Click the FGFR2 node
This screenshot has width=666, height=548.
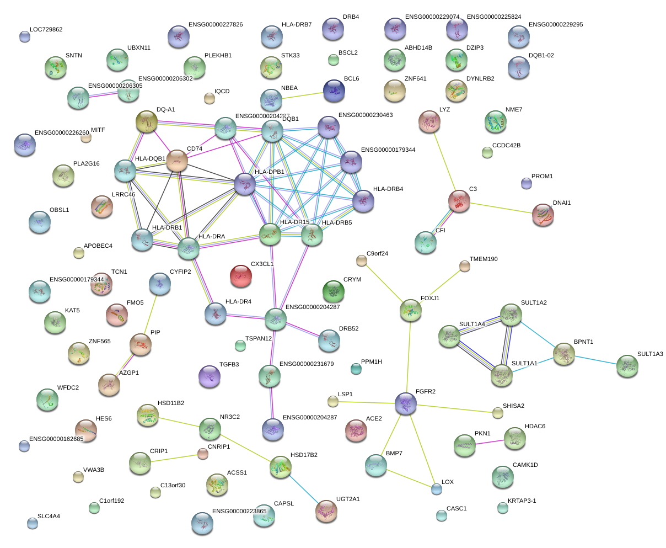click(405, 404)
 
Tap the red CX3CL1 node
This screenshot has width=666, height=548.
click(241, 276)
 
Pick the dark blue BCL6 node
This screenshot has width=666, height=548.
click(334, 91)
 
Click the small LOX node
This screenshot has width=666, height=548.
click(436, 488)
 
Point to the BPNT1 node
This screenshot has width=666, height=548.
click(564, 354)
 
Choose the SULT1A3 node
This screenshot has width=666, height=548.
click(627, 366)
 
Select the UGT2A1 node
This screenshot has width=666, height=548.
click(326, 512)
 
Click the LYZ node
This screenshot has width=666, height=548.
click(429, 121)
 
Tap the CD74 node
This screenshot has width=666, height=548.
click(177, 160)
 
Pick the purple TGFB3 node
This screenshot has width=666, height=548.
click(209, 376)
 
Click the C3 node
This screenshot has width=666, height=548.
click(459, 201)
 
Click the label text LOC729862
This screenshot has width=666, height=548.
click(46, 29)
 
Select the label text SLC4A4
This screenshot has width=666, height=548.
click(49, 517)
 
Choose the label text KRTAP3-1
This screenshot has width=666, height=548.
click(521, 501)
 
